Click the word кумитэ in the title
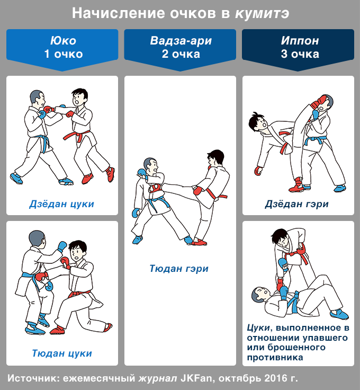point(262,14)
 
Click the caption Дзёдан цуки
point(61,204)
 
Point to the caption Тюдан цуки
point(62,353)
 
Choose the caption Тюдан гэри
point(179,269)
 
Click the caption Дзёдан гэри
point(296,204)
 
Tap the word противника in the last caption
point(275,358)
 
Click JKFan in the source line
point(196,378)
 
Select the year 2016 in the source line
point(275,378)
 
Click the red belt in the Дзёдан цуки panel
point(77,136)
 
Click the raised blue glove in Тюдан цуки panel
point(62,246)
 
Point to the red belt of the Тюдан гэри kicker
point(215,195)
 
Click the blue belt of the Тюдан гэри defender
point(158,203)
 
